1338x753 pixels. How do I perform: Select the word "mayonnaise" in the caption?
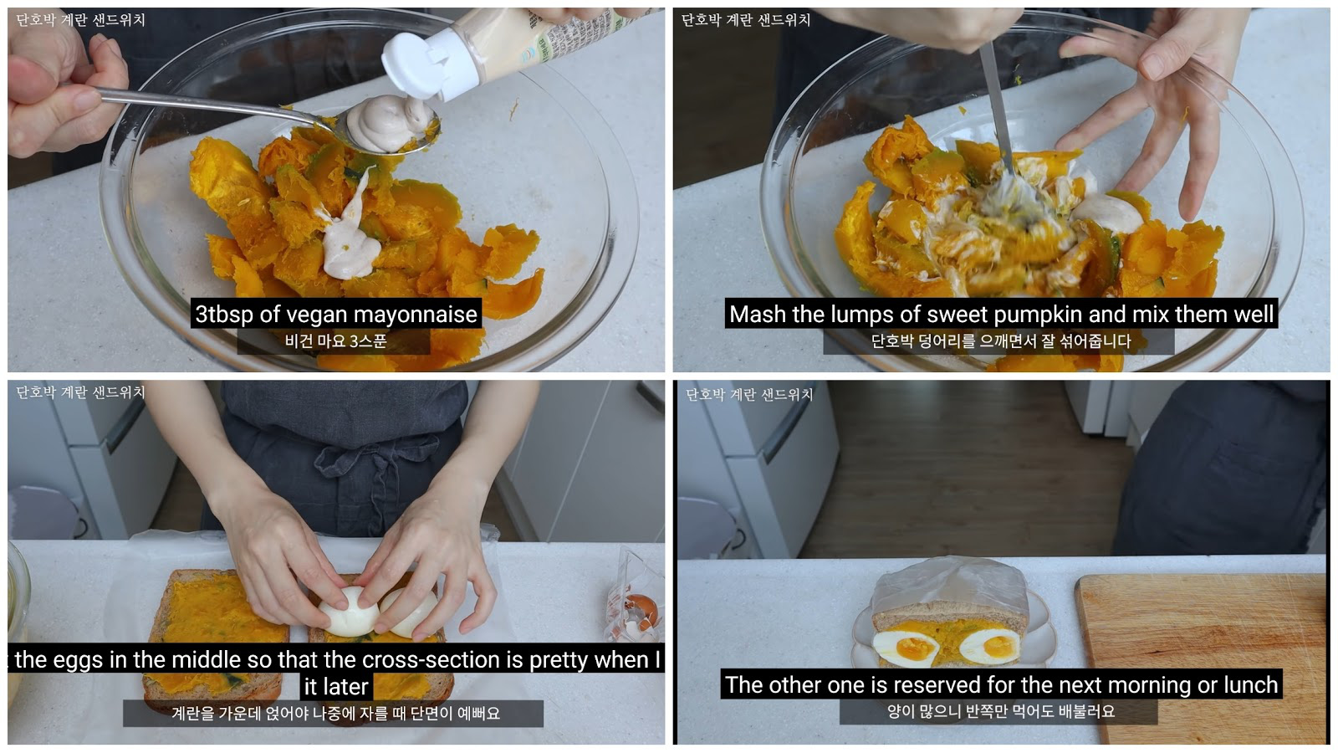[x=422, y=315]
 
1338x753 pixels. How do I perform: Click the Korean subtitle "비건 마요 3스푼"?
[x=335, y=341]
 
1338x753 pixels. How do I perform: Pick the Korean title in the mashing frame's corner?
[x=745, y=20]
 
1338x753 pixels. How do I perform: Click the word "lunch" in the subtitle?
[x=1250, y=685]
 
